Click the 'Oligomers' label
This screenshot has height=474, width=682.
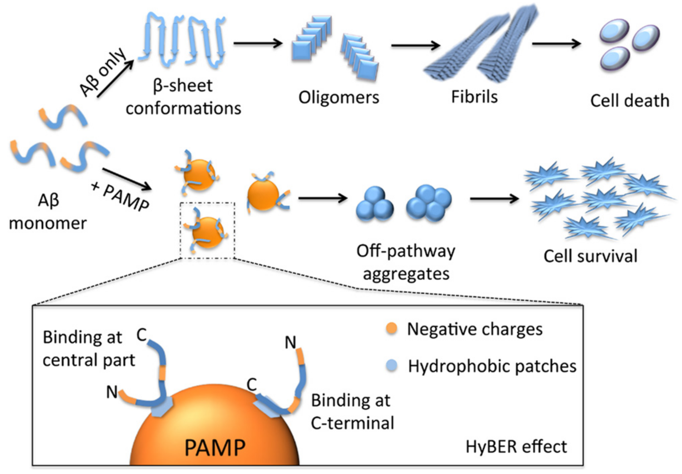(339, 97)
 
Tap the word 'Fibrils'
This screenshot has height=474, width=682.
(474, 97)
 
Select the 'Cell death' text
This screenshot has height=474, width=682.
(629, 101)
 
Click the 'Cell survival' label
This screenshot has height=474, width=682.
(590, 256)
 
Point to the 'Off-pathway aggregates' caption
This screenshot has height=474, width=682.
(406, 262)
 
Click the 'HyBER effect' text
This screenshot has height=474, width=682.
(516, 446)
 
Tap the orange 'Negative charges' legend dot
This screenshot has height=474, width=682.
(392, 329)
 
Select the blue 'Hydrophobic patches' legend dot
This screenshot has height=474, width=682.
(392, 366)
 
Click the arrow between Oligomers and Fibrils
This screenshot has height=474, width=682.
(415, 45)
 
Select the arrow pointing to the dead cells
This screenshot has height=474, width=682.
(556, 44)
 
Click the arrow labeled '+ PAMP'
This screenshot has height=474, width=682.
(127, 179)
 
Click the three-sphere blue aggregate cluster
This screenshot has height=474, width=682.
(375, 204)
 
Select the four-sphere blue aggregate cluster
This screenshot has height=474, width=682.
(429, 203)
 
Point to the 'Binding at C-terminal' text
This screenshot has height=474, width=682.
(352, 412)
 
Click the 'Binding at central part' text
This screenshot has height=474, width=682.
(88, 349)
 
